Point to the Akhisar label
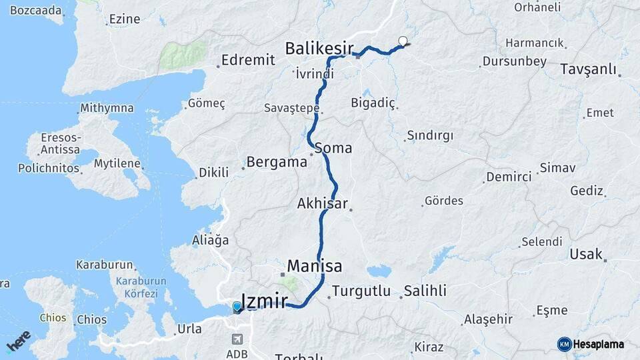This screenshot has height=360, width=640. tap(323, 204)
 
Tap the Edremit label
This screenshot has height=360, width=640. tap(248, 60)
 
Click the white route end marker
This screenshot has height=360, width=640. tap(402, 41)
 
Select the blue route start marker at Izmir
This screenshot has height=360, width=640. tap(237, 307)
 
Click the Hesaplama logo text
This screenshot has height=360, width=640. tap(599, 344)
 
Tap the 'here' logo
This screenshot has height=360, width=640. tap(19, 341)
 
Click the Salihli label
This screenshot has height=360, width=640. tap(425, 291)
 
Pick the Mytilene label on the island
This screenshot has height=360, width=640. tap(117, 163)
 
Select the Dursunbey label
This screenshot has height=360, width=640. tap(513, 61)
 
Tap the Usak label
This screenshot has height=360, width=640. tap(585, 254)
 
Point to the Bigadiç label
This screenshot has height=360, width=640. tap(373, 103)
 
